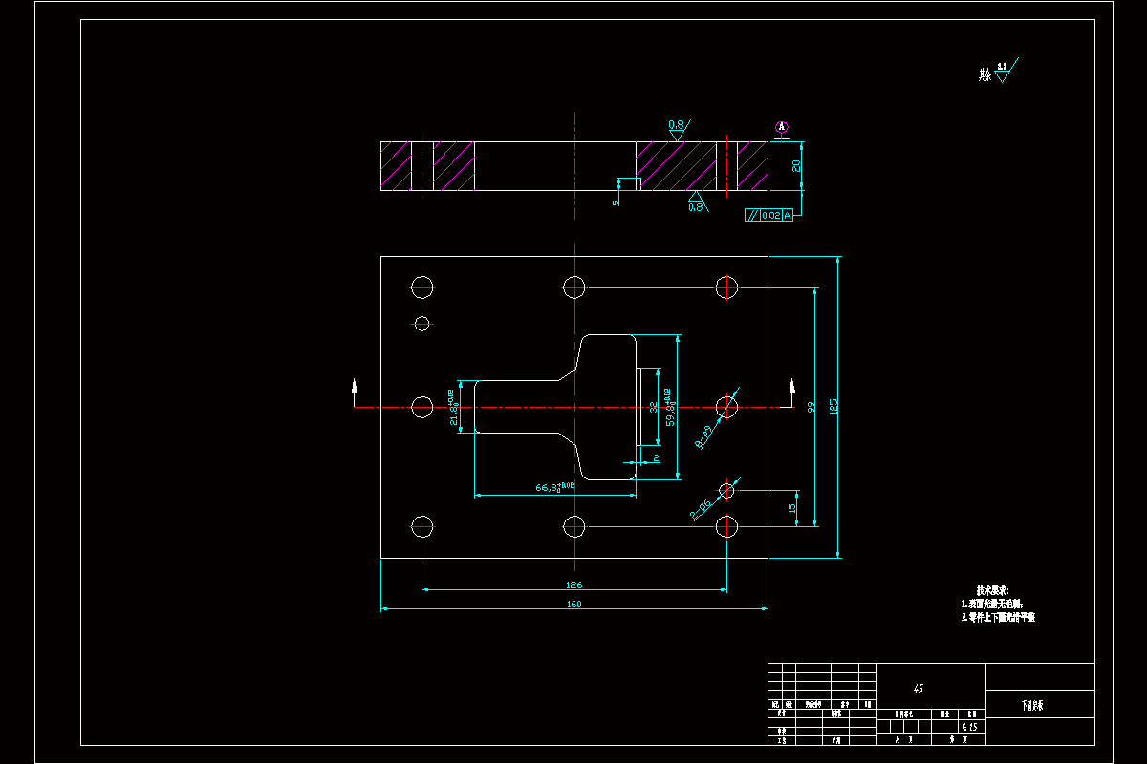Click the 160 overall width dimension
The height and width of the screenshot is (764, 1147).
click(573, 604)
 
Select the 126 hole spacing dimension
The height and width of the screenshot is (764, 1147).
click(573, 584)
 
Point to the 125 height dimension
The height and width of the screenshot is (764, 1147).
click(833, 406)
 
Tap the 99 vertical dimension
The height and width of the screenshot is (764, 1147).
click(811, 406)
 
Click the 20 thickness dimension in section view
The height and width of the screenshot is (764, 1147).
click(796, 165)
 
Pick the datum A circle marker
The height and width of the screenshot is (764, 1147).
click(782, 126)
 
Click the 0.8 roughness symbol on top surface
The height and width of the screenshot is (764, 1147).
click(677, 126)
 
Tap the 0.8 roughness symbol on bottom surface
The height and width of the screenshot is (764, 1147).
click(696, 204)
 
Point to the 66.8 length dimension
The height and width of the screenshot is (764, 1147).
click(554, 488)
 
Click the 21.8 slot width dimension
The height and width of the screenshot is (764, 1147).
click(454, 407)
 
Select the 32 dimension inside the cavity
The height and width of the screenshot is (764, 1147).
click(653, 406)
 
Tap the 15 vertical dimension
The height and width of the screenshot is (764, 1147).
click(792, 508)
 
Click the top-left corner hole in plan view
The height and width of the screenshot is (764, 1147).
click(422, 286)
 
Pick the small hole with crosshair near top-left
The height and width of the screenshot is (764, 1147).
click(422, 323)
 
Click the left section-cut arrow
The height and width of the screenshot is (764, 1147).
click(356, 387)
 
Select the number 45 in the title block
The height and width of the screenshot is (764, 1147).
click(919, 688)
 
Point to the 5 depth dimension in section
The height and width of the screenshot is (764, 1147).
click(617, 202)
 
